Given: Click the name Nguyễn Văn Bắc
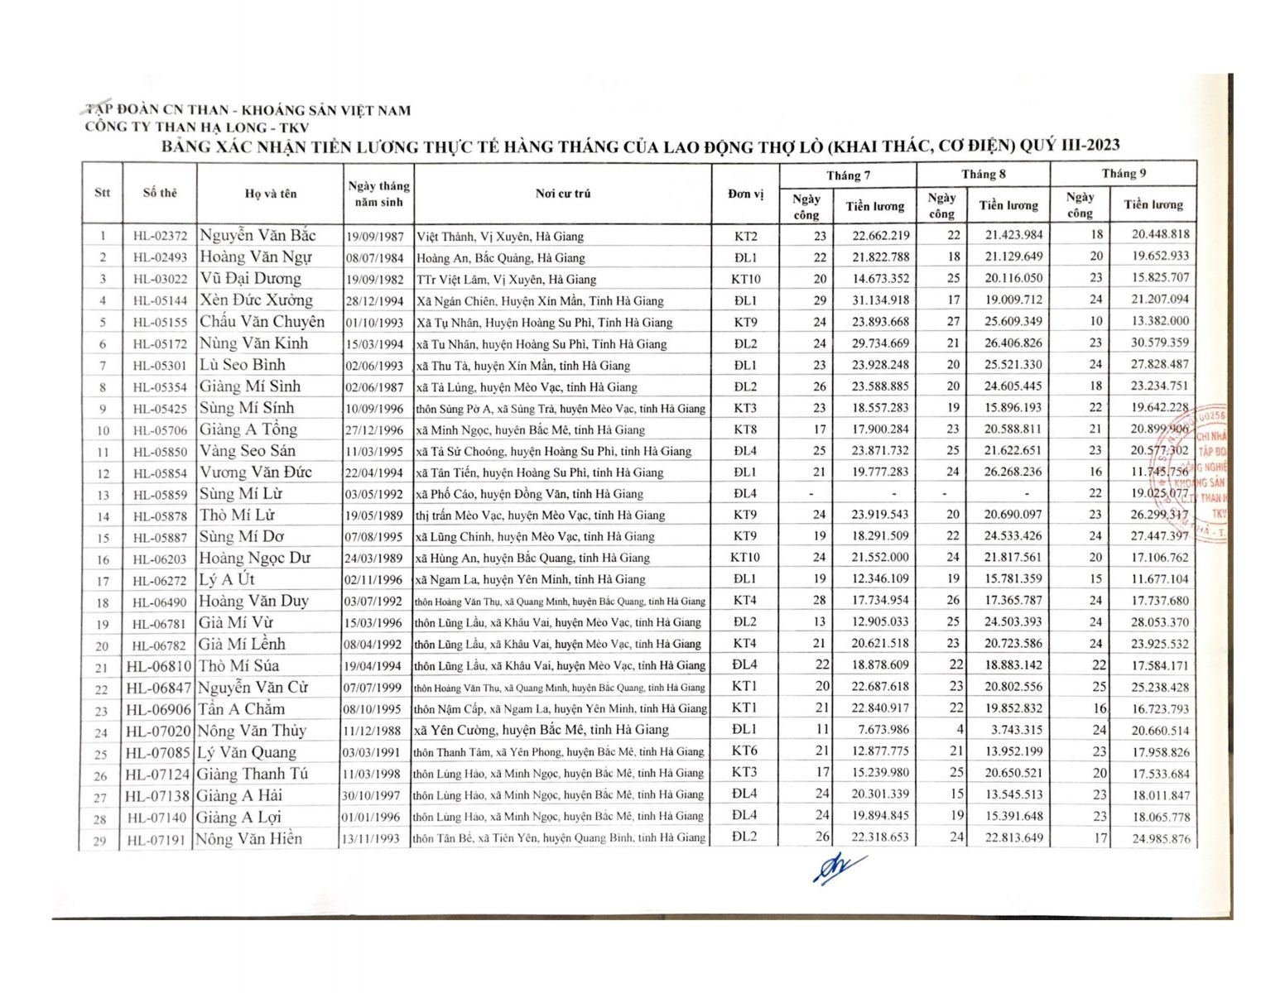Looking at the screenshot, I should pyautogui.click(x=257, y=236).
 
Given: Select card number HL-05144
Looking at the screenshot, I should pyautogui.click(x=160, y=300).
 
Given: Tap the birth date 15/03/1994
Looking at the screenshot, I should pyautogui.click(x=375, y=344).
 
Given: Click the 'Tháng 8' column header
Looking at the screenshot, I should pyautogui.click(x=983, y=175).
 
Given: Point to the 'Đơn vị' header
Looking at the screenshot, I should pyautogui.click(x=745, y=194).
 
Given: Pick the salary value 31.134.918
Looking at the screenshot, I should pyautogui.click(x=880, y=300).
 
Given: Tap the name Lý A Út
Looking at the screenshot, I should pyautogui.click(x=227, y=579).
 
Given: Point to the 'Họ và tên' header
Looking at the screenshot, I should pyautogui.click(x=270, y=194).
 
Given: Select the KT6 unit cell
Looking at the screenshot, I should pyautogui.click(x=744, y=751).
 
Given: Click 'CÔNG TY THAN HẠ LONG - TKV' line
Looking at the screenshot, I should pyautogui.click(x=197, y=127).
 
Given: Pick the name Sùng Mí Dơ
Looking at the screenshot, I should pyautogui.click(x=242, y=536).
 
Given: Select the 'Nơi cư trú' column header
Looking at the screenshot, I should pyautogui.click(x=562, y=194).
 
